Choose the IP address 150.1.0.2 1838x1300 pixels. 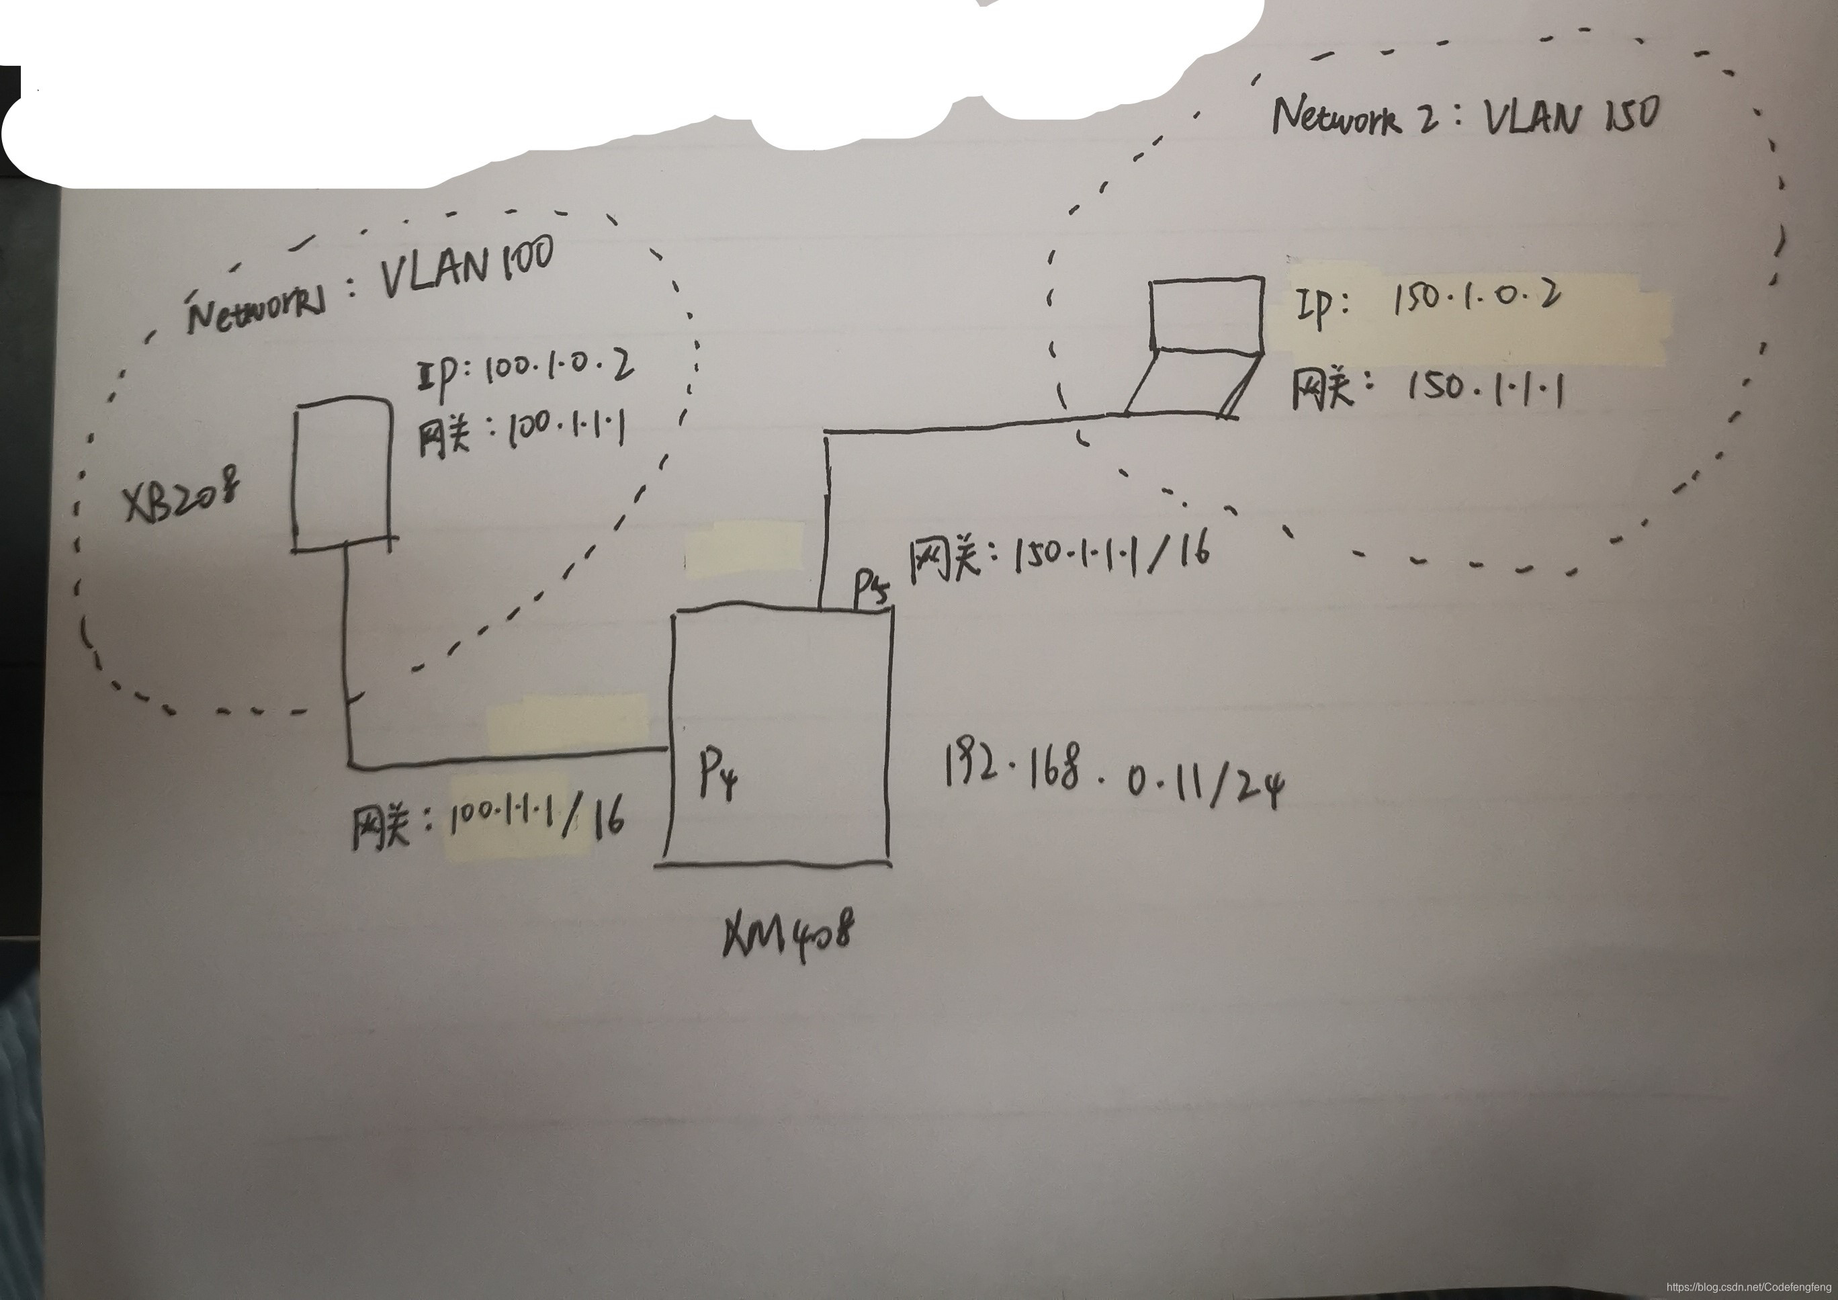(x=1478, y=298)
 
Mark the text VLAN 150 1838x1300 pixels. (x=1571, y=117)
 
